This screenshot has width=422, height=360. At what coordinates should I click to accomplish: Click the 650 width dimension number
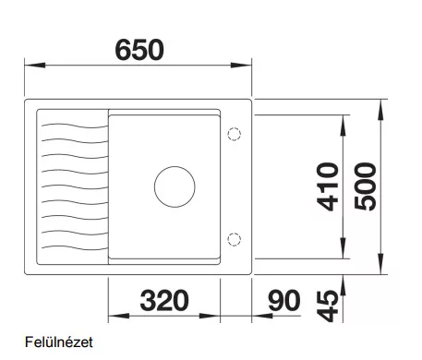click(x=139, y=50)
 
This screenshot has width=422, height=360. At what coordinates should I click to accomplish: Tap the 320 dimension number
click(x=164, y=300)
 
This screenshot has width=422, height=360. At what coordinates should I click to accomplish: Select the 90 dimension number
click(x=283, y=300)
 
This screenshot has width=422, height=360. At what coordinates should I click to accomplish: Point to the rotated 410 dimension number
click(x=328, y=186)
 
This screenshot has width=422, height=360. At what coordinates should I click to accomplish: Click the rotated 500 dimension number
click(x=366, y=186)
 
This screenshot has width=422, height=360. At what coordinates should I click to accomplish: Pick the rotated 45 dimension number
click(x=328, y=306)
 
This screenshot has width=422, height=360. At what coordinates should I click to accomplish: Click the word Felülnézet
click(x=59, y=342)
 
